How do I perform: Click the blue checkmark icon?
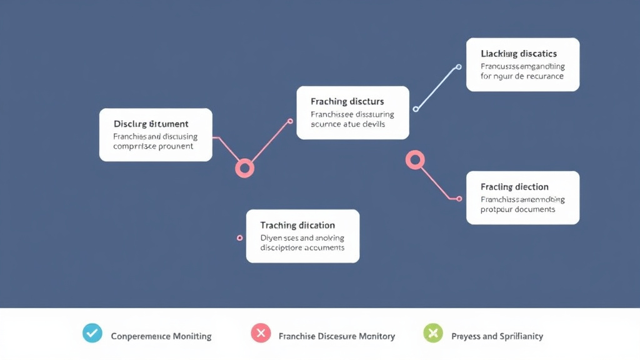pyautogui.click(x=92, y=333)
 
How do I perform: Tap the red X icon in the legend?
pyautogui.click(x=261, y=333)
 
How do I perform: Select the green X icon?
pyautogui.click(x=432, y=333)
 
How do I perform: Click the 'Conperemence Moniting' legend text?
pyautogui.click(x=161, y=336)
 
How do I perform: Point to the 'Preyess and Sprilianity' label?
pyautogui.click(x=497, y=336)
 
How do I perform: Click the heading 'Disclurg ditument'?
pyautogui.click(x=151, y=124)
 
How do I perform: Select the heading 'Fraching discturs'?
pyautogui.click(x=347, y=101)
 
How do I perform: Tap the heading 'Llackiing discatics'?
pyautogui.click(x=519, y=54)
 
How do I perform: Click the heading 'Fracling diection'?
pyautogui.click(x=514, y=187)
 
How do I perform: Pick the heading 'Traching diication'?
pyautogui.click(x=297, y=225)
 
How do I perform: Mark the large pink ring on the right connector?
pyautogui.click(x=415, y=159)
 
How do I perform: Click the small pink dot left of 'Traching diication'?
pyautogui.click(x=240, y=238)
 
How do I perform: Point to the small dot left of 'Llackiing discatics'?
pyautogui.click(x=459, y=67)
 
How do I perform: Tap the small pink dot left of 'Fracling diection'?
pyautogui.click(x=459, y=199)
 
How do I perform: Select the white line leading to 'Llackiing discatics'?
pyautogui.click(x=437, y=88)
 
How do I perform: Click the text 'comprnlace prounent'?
pyautogui.click(x=153, y=146)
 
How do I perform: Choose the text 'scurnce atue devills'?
pyautogui.click(x=347, y=124)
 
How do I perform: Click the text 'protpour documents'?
pyautogui.click(x=518, y=209)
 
